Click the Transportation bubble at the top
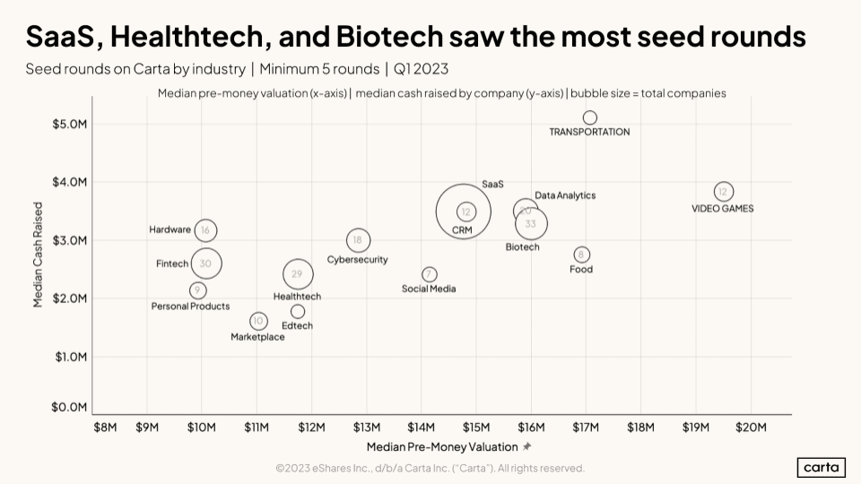[589, 117]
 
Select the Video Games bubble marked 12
[724, 192]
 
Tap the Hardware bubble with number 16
[205, 230]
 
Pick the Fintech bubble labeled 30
[205, 264]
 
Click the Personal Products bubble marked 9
[197, 290]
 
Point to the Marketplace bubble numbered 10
[258, 321]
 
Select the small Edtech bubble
[298, 312]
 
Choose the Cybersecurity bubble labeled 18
[358, 240]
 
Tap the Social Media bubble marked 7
[430, 274]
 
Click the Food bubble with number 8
[582, 255]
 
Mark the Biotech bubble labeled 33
[531, 224]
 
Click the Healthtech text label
[297, 297]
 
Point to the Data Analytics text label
[565, 195]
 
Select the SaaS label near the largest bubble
[492, 184]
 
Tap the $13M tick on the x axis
[366, 427]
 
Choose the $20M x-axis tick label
[751, 427]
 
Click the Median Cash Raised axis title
[39, 255]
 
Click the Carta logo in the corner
[821, 468]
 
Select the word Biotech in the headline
[387, 37]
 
